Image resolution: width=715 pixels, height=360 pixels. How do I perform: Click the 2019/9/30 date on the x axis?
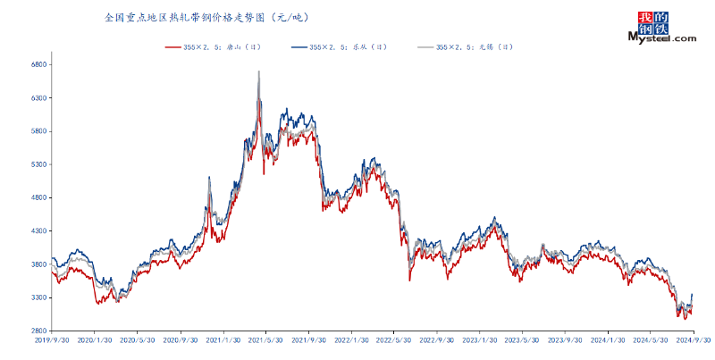tap(51, 340)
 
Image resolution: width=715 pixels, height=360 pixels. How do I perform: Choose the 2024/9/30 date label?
tap(694, 340)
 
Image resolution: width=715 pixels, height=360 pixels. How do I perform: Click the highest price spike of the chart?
tap(259, 71)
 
